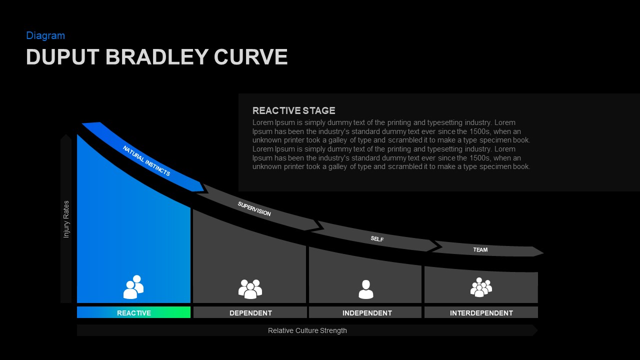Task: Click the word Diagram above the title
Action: [45, 35]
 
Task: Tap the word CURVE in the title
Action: [250, 57]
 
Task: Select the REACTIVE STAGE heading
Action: [293, 110]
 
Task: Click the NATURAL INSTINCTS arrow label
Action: [146, 161]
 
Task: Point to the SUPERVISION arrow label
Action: [254, 209]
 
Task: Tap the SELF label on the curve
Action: [377, 239]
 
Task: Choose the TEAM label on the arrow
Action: [480, 249]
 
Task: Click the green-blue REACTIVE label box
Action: [133, 313]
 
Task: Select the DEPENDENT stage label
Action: [250, 313]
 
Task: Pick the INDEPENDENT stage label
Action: [366, 313]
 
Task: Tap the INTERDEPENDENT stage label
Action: [481, 313]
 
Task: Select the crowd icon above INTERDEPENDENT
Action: [481, 287]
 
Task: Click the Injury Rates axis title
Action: [66, 219]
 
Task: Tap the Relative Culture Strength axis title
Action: [307, 330]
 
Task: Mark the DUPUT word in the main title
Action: [63, 57]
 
